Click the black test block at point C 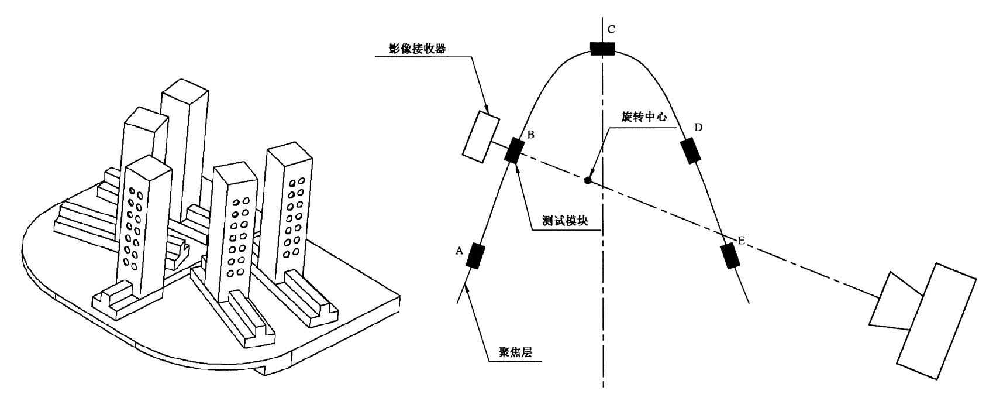(x=602, y=49)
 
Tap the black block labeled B (x=513, y=150)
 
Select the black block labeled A (x=477, y=255)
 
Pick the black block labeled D (x=690, y=150)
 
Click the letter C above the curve (x=611, y=29)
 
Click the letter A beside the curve (x=459, y=251)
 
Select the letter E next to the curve (x=741, y=241)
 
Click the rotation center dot (x=587, y=180)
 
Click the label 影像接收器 (x=417, y=49)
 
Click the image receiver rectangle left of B (x=481, y=136)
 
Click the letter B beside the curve (x=530, y=135)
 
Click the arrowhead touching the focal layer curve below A (x=466, y=286)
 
